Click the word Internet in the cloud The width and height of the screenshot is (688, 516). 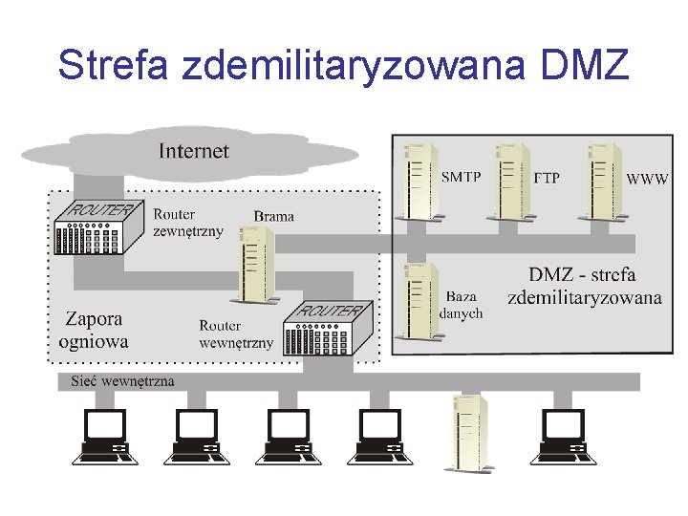(194, 151)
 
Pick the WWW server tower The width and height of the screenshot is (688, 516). (604, 182)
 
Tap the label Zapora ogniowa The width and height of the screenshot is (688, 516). (94, 330)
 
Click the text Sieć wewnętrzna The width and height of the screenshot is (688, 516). (123, 381)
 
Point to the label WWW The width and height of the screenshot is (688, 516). (647, 179)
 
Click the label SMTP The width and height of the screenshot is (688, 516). (461, 178)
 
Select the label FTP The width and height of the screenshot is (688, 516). (547, 179)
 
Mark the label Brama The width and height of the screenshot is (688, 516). (274, 217)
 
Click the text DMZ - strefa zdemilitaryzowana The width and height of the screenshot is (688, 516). (584, 286)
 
